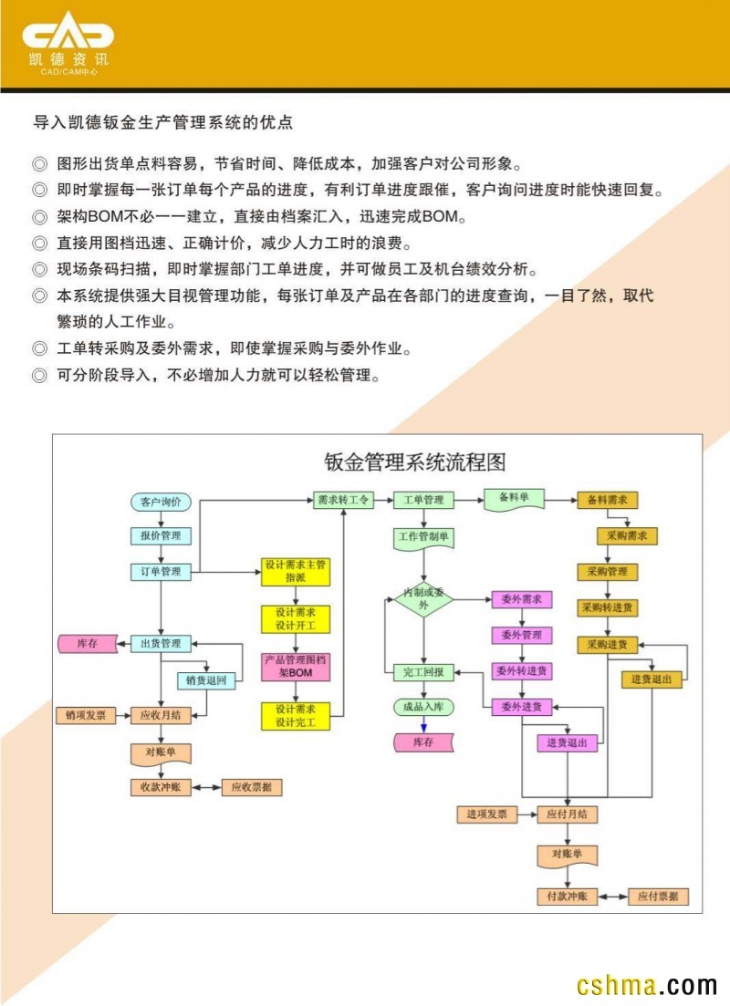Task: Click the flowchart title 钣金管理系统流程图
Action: (x=415, y=462)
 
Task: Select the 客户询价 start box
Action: (x=161, y=502)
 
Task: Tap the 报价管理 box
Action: (x=161, y=535)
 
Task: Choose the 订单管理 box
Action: (x=161, y=573)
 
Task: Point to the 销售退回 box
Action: (x=207, y=680)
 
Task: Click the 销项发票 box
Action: (x=86, y=716)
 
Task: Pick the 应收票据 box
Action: (x=252, y=787)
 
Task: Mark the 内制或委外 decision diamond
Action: (x=423, y=599)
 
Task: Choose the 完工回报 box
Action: (x=423, y=672)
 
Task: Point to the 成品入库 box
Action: (x=423, y=707)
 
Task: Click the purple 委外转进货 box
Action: (x=522, y=671)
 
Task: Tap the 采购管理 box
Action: (x=607, y=573)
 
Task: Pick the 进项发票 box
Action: (x=487, y=814)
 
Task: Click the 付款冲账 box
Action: (x=567, y=897)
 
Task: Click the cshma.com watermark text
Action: (x=647, y=986)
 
